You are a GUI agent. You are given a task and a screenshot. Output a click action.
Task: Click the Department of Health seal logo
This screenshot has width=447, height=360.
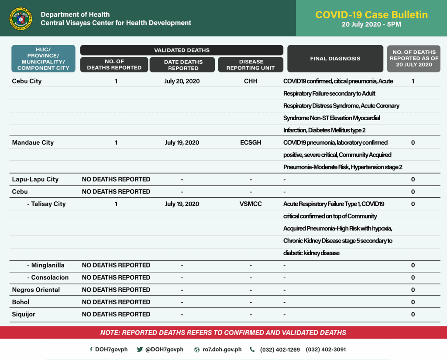[21, 18]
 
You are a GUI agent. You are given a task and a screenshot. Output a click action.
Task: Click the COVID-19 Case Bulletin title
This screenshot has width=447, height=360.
[371, 14]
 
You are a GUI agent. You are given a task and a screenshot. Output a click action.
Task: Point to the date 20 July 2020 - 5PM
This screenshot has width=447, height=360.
[371, 25]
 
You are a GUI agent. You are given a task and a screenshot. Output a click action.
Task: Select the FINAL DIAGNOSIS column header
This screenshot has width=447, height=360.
[335, 59]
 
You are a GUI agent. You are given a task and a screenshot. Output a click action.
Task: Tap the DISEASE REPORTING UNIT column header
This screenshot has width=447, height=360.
[251, 65]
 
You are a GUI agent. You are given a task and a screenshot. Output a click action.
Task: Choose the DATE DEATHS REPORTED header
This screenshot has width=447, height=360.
[183, 65]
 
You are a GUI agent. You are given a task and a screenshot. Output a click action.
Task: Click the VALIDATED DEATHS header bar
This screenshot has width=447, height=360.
[182, 50]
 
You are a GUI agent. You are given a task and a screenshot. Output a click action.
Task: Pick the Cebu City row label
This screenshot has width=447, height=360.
[27, 81]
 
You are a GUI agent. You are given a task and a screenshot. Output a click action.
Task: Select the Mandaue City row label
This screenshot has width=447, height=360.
[33, 142]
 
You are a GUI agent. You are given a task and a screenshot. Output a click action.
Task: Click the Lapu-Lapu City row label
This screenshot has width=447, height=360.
[35, 179]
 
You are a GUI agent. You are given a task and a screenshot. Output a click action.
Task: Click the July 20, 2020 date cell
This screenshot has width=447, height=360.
[182, 81]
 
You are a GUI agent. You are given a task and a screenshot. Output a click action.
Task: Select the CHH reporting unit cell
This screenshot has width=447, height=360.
[251, 81]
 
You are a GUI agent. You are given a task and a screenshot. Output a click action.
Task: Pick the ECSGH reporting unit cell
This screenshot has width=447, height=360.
[251, 142]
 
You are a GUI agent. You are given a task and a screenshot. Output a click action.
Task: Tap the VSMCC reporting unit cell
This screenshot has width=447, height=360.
[251, 204]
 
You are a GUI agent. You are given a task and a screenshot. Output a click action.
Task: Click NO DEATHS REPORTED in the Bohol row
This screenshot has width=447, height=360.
[116, 302]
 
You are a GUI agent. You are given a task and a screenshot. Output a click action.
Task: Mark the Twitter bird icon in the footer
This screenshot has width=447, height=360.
[140, 350]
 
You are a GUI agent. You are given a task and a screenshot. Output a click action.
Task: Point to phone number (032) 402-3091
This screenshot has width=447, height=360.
[326, 350]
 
